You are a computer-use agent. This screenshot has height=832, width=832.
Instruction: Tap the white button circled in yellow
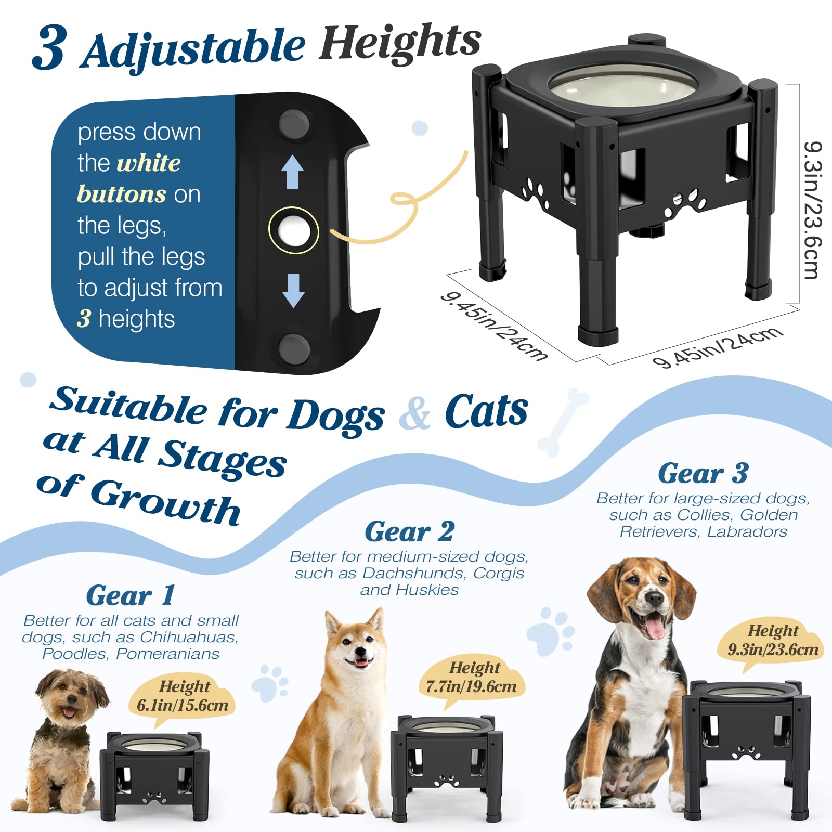(293, 230)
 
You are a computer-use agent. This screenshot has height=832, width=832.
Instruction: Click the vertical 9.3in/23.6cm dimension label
(812, 210)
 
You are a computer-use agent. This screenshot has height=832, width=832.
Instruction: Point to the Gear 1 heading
(130, 595)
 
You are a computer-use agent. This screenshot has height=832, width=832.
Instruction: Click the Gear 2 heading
(409, 531)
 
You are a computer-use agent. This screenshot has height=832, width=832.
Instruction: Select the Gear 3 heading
(703, 473)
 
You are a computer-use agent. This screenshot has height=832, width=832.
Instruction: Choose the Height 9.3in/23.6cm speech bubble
(772, 641)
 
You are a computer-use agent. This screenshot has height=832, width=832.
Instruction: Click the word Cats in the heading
(486, 411)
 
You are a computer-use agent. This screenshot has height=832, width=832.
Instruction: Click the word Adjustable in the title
(192, 49)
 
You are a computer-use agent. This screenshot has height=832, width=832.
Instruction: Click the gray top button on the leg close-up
(294, 124)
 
